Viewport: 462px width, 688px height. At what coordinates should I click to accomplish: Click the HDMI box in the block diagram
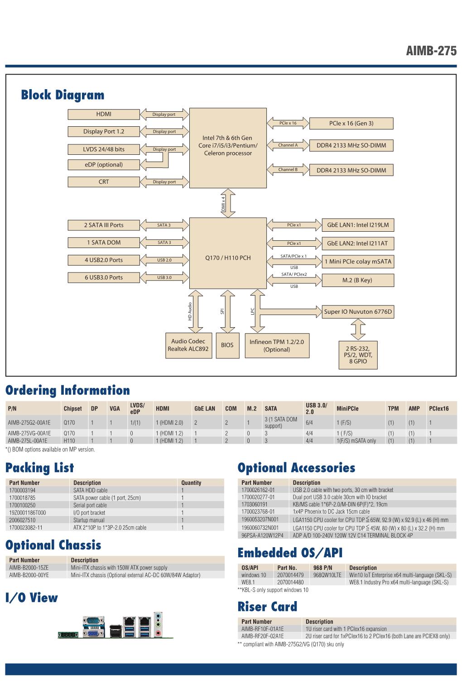click(104, 114)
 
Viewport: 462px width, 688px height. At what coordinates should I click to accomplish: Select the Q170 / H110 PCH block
click(228, 253)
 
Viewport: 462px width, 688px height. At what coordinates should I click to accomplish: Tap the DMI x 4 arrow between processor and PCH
click(228, 203)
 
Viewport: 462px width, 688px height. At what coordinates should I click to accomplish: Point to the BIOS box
click(227, 345)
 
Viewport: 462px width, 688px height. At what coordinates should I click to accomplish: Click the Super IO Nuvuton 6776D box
click(358, 312)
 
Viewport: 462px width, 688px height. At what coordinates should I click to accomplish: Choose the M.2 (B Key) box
click(358, 280)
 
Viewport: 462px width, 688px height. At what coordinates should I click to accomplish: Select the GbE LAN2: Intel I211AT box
click(358, 244)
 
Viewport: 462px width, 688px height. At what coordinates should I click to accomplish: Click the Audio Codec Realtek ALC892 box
click(188, 345)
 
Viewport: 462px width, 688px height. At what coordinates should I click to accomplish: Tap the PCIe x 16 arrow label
click(288, 123)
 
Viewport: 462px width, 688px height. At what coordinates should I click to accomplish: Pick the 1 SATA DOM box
click(104, 243)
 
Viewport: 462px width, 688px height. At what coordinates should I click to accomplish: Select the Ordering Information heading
click(67, 390)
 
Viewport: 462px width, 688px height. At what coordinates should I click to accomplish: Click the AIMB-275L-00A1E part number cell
click(28, 441)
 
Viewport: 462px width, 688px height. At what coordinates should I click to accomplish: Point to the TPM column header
click(393, 408)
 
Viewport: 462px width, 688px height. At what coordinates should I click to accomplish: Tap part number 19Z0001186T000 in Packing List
click(27, 513)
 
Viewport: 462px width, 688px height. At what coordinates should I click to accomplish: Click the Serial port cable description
click(90, 505)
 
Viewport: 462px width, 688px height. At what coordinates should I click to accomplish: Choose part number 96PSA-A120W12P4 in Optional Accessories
click(263, 535)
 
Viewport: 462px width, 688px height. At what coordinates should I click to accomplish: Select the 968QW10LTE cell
click(327, 575)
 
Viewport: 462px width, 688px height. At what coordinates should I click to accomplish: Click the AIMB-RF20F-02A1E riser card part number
click(263, 636)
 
